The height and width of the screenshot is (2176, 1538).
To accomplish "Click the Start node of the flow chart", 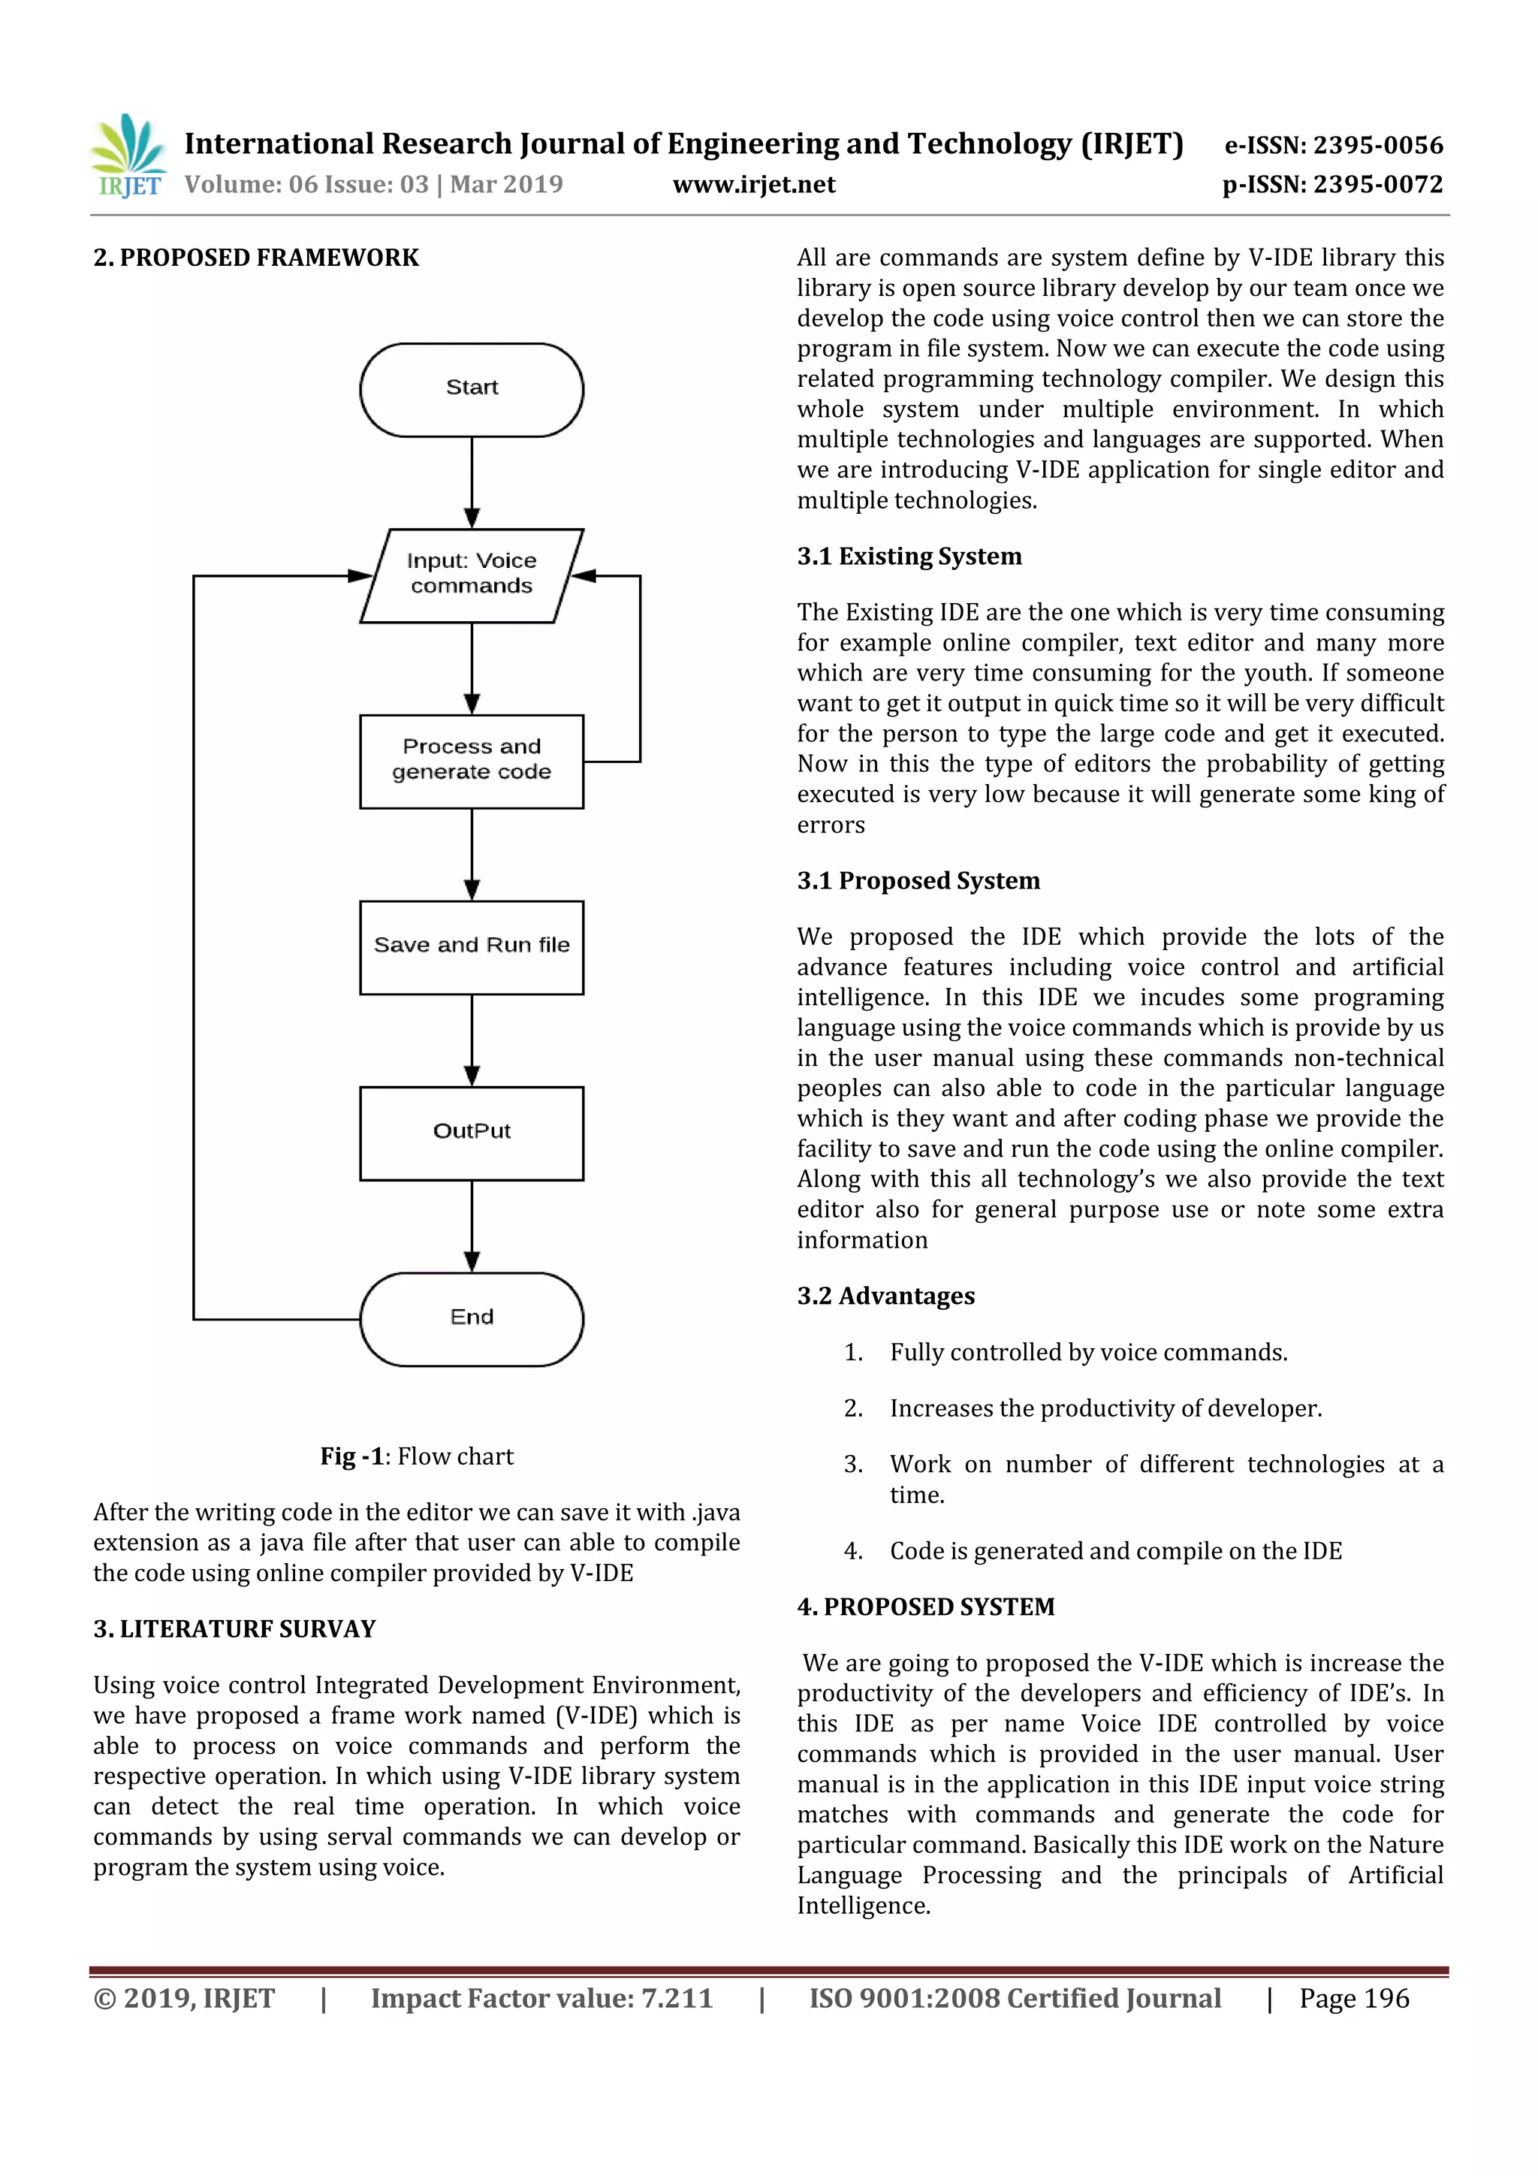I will coord(471,390).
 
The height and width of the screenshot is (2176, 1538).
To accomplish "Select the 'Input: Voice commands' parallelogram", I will coord(471,575).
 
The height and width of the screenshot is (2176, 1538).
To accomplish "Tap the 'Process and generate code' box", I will coord(471,761).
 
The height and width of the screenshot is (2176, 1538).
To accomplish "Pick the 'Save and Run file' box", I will coord(471,946).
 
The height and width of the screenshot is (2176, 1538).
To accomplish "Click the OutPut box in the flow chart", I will coord(471,1133).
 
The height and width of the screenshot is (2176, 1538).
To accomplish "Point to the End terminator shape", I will coord(471,1318).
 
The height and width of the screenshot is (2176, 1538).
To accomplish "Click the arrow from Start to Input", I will coord(471,481).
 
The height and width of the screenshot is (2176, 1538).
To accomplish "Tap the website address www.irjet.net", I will coord(753,184).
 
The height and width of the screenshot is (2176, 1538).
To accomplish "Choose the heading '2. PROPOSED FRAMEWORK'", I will coord(256,258).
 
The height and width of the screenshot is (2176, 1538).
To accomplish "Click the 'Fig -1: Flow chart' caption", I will coord(416,1456).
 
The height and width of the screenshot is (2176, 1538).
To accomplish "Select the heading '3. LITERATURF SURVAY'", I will coord(234,1628).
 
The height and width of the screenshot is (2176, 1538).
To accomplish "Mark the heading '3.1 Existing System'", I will coord(909,557).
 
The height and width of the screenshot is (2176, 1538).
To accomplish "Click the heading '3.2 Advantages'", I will coord(885,1296).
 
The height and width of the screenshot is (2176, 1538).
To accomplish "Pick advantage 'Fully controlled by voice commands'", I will coord(1088,1353).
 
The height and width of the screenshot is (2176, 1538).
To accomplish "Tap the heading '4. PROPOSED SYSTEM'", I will coord(925,1607).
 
